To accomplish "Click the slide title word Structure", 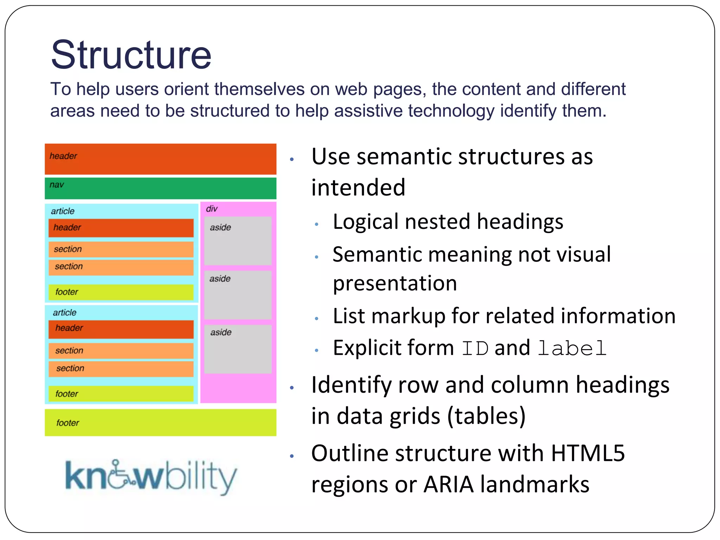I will pyautogui.click(x=131, y=55).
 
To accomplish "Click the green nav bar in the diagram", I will pyautogui.click(x=160, y=188).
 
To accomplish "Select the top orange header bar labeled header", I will pyautogui.click(x=160, y=159).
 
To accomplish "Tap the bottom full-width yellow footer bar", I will pyautogui.click(x=160, y=423).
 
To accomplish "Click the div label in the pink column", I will pyautogui.click(x=212, y=209).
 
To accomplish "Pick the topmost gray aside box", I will pyautogui.click(x=238, y=241).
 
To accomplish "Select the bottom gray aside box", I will pyautogui.click(x=238, y=349).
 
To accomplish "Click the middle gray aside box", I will pyautogui.click(x=238, y=295).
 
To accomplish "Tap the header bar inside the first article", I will pyautogui.click(x=121, y=228).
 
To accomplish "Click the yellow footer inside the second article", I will pyautogui.click(x=121, y=394).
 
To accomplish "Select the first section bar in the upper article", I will pyautogui.click(x=121, y=249).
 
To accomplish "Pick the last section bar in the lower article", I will pyautogui.click(x=121, y=368).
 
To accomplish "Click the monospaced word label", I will pyautogui.click(x=572, y=348).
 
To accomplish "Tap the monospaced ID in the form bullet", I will pyautogui.click(x=475, y=348).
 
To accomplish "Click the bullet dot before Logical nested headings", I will pyautogui.click(x=317, y=224).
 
